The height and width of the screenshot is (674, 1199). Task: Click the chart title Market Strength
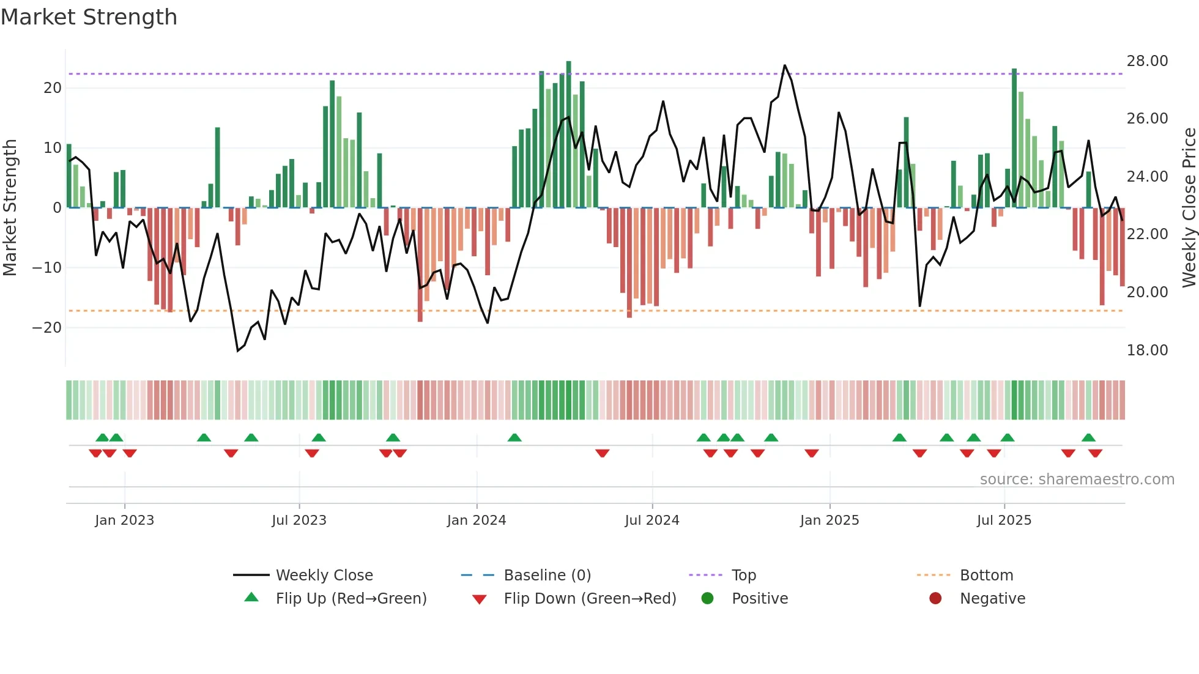point(89,17)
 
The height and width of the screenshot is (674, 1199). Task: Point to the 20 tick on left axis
point(53,88)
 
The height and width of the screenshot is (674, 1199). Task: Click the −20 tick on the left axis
point(47,328)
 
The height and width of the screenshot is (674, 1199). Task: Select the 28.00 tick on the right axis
point(1147,61)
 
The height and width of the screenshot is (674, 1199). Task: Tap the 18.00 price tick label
point(1147,350)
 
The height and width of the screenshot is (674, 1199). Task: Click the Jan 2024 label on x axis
point(477,520)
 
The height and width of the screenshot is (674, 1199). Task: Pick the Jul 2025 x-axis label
point(1004,520)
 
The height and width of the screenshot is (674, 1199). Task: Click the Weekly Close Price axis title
point(1189,208)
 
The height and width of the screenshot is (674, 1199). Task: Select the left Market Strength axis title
point(10,208)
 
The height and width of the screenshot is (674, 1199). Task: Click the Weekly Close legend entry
point(324,576)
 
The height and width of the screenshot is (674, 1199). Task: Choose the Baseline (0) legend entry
point(547,576)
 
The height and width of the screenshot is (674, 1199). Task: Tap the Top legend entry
point(743,576)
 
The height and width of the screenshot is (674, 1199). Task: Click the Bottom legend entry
point(986,576)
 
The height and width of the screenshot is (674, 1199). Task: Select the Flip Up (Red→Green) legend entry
point(351,599)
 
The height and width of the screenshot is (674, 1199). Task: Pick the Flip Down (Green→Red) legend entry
point(590,599)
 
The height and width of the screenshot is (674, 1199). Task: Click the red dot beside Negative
point(935,599)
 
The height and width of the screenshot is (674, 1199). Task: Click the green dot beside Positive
point(708,599)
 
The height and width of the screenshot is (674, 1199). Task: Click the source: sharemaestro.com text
point(1077,480)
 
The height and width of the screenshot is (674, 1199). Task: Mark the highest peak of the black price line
point(785,65)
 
